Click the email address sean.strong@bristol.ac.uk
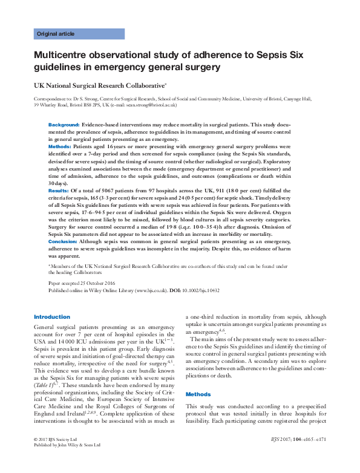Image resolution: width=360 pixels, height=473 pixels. pos(150,105)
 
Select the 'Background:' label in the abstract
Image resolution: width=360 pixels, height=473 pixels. pos(64,124)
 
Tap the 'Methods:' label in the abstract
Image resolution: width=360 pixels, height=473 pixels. pos(61,146)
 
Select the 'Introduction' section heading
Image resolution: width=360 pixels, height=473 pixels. pos(52,317)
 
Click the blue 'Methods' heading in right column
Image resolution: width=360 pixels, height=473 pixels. pos(198,394)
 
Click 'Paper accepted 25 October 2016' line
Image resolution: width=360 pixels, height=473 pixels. pos(82,283)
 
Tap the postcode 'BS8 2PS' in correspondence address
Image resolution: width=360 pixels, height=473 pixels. pos(87,105)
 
